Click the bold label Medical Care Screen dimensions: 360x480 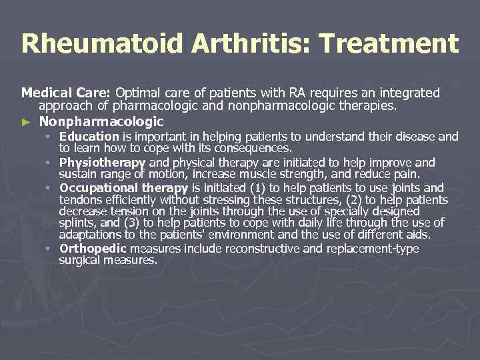67,93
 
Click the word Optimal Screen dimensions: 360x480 138,93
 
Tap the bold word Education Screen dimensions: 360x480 89,137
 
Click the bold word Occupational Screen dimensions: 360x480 100,188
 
